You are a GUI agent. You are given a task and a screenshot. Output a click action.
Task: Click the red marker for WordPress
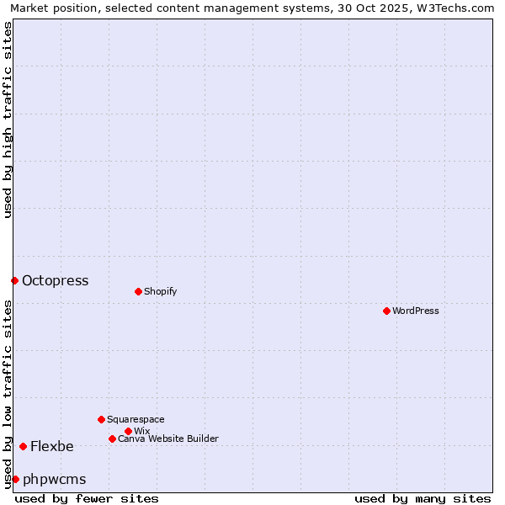(386, 311)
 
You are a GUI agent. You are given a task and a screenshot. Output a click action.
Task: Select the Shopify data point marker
(138, 291)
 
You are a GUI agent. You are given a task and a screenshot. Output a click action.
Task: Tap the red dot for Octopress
(14, 280)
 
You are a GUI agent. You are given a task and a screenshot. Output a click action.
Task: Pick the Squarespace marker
(101, 419)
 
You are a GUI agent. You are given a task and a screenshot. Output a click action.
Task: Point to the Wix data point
(128, 431)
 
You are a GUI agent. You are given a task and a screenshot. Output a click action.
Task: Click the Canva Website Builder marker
(112, 439)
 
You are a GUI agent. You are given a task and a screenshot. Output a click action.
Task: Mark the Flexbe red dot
(23, 446)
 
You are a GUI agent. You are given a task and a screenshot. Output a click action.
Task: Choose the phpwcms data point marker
(15, 479)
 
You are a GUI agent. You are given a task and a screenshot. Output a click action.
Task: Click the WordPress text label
(416, 311)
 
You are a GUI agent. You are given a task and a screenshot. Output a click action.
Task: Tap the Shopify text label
(160, 291)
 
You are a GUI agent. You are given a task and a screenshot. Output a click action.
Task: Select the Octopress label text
(55, 280)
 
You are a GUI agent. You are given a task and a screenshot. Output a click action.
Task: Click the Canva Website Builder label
(168, 439)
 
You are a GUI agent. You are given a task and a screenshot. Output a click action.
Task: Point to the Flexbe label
(52, 446)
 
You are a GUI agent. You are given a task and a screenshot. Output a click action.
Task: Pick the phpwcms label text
(55, 479)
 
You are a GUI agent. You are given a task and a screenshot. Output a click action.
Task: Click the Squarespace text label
(136, 419)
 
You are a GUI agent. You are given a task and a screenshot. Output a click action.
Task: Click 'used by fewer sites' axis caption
(87, 498)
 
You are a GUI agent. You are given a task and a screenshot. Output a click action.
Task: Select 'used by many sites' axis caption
(423, 498)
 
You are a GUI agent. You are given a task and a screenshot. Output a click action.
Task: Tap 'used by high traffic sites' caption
(8, 120)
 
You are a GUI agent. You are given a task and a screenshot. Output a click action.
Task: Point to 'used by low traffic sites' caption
(8, 394)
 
